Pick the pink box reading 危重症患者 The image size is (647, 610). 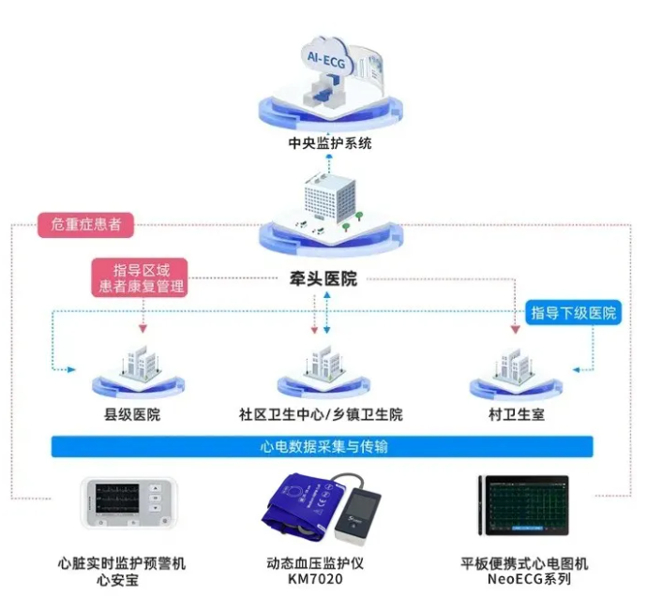[85, 225]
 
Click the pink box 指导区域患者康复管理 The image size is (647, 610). [138, 277]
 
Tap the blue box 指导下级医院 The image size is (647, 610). [574, 313]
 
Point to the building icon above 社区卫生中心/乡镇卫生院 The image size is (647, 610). [322, 365]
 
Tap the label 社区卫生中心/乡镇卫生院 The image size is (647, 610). [322, 414]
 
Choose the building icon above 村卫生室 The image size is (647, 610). [514, 365]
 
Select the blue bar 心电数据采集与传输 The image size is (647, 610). [323, 447]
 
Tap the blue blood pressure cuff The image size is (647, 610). [306, 511]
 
